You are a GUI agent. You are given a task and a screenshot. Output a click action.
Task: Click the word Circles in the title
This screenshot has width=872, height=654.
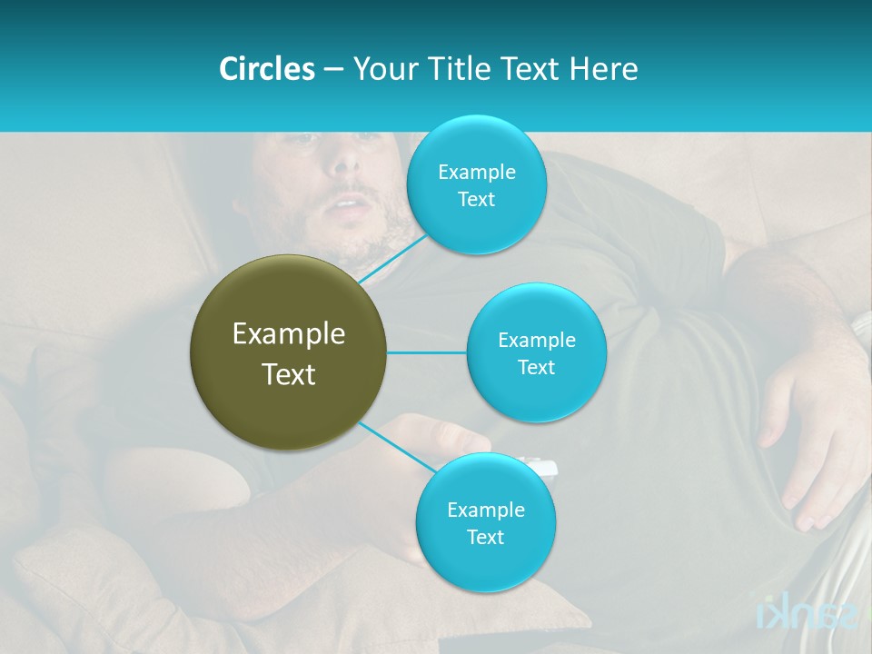click(x=267, y=69)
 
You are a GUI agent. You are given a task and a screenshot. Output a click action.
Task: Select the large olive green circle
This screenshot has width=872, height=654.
click(x=288, y=352)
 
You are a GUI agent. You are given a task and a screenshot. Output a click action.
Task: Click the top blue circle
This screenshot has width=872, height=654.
click(x=476, y=184)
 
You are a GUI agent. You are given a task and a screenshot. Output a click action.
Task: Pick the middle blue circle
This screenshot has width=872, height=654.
click(x=536, y=352)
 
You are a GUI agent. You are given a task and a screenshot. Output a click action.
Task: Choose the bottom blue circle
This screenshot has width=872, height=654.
click(x=485, y=522)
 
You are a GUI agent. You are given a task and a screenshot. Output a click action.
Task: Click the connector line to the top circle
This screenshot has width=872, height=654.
click(x=392, y=259)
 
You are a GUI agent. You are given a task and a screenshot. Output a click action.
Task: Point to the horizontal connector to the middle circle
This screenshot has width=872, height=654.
click(x=426, y=352)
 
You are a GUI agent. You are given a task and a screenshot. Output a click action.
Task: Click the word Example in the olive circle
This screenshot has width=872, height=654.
click(x=288, y=333)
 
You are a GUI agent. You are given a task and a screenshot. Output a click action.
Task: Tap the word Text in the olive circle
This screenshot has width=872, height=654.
click(x=288, y=374)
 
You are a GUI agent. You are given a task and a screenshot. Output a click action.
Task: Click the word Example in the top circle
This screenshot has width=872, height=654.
click(x=476, y=172)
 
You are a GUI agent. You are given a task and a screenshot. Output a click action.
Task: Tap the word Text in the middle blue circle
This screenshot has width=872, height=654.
click(x=536, y=367)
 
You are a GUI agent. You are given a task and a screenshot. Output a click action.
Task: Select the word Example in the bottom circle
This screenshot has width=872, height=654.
click(x=485, y=510)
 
